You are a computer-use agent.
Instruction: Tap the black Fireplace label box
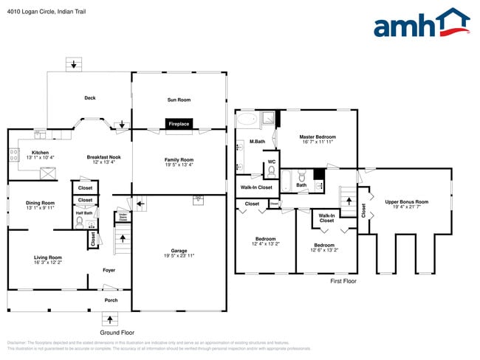click(179, 124)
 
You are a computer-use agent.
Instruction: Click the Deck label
click(89, 98)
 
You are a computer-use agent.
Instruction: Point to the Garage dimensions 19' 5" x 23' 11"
click(178, 255)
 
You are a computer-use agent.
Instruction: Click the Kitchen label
click(40, 152)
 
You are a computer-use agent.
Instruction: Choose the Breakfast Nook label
click(104, 157)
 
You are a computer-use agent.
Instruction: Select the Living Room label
click(47, 257)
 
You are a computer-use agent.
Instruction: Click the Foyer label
click(108, 270)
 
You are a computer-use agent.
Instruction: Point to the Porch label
click(111, 300)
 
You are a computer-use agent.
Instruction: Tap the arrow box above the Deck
click(73, 64)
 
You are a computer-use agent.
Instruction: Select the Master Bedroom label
click(318, 137)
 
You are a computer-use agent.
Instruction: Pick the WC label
click(272, 162)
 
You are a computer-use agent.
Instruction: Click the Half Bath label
click(83, 213)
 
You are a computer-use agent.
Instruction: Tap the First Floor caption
click(343, 281)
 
